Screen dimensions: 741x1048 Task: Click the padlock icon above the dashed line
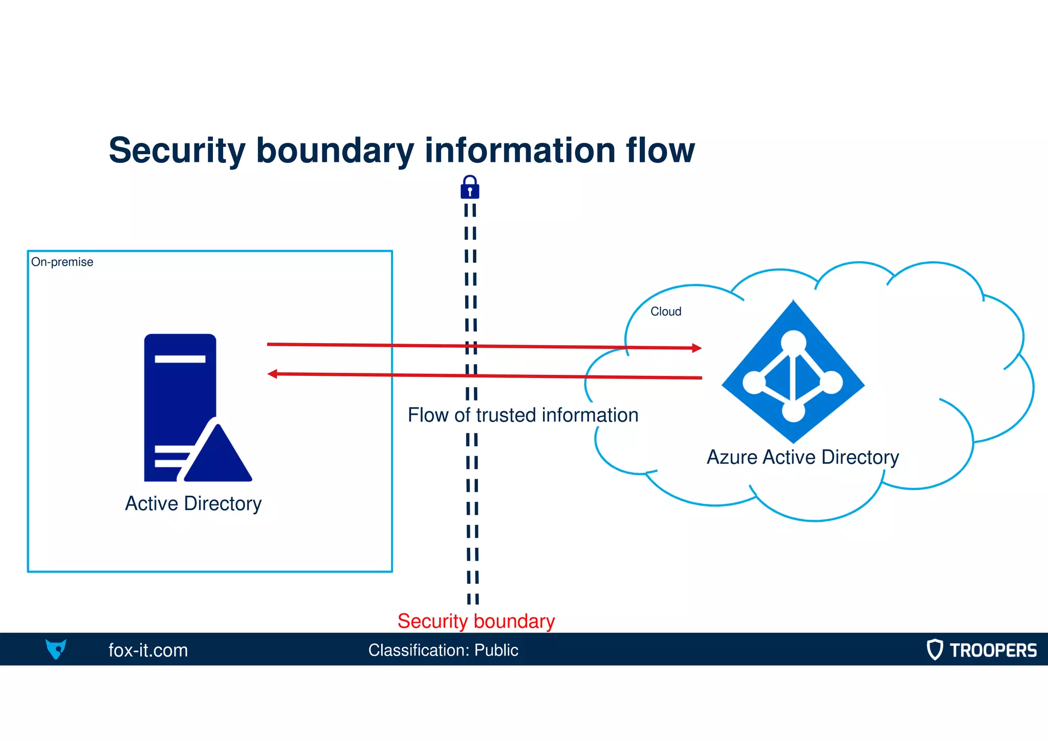[x=470, y=187]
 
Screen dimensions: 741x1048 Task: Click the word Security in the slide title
[x=177, y=151]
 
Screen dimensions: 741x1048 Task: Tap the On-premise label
[x=62, y=262]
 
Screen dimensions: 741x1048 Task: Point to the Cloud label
[x=665, y=311]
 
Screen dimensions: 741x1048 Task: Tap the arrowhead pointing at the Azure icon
[x=696, y=348]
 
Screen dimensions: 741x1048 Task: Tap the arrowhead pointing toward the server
[x=273, y=374]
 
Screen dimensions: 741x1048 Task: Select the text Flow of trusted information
[x=522, y=415]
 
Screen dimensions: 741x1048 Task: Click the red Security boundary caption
[x=476, y=621]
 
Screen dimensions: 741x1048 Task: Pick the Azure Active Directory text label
[x=802, y=457]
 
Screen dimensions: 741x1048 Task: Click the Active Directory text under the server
[x=193, y=503]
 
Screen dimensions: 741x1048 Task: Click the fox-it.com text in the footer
[x=148, y=650]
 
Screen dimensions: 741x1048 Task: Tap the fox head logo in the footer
[x=56, y=649]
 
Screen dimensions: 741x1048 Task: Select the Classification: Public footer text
[x=443, y=650]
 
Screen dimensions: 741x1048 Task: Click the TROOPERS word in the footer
[x=993, y=650]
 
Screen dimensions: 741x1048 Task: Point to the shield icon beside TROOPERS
[x=934, y=649]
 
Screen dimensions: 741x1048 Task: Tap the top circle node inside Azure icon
[x=793, y=341]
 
